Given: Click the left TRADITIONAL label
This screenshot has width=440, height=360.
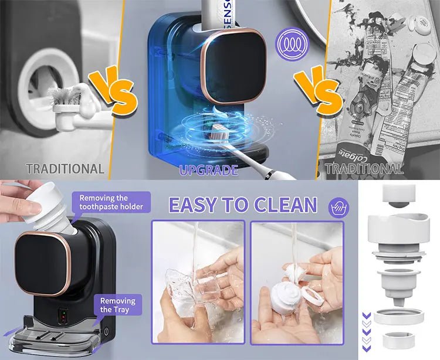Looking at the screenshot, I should click(65, 169).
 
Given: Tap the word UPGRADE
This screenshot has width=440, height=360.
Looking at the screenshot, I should click(209, 170).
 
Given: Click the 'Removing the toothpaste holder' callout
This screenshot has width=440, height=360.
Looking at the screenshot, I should click(111, 202).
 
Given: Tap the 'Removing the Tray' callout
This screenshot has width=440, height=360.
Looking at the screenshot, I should click(117, 304).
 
